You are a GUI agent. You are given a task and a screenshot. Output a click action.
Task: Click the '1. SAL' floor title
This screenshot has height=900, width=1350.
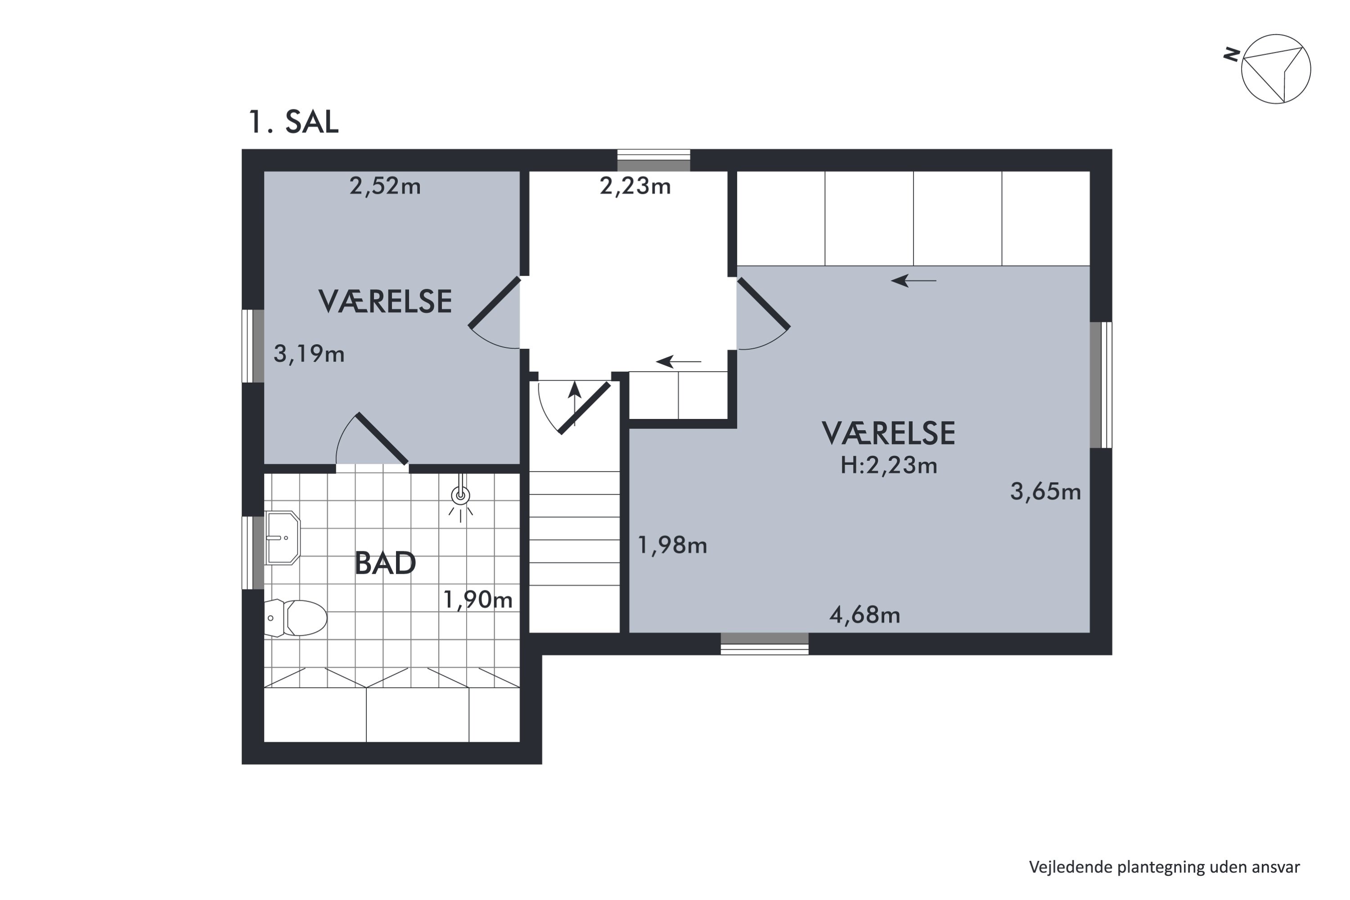pyautogui.click(x=293, y=122)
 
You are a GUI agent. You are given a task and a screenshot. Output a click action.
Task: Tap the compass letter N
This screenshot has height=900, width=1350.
pyautogui.click(x=1231, y=54)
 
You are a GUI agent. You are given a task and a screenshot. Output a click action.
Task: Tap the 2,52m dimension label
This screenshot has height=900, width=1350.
pyautogui.click(x=385, y=186)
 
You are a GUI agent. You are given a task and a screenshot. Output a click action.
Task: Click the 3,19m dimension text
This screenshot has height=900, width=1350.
pyautogui.click(x=309, y=354)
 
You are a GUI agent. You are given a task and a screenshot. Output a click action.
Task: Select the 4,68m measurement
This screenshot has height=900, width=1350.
pyautogui.click(x=864, y=615)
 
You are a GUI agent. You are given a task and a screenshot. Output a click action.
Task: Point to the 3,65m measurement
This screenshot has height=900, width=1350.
pyautogui.click(x=1045, y=492)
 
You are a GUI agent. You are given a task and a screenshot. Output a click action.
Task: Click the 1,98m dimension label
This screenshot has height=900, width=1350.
pyautogui.click(x=672, y=544)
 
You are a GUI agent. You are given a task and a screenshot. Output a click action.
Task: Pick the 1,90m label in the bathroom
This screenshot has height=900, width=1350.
pyautogui.click(x=477, y=600)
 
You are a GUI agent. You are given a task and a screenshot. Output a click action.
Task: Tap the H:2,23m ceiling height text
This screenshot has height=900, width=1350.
pyautogui.click(x=888, y=465)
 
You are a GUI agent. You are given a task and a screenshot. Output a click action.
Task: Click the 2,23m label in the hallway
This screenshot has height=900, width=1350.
pyautogui.click(x=635, y=186)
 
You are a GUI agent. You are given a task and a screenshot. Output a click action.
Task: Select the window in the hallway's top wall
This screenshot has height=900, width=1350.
pyautogui.click(x=653, y=160)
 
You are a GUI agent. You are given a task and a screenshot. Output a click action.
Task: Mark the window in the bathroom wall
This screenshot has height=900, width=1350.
pyautogui.click(x=252, y=553)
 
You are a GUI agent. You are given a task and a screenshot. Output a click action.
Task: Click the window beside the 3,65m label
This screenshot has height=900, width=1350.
pyautogui.click(x=1101, y=385)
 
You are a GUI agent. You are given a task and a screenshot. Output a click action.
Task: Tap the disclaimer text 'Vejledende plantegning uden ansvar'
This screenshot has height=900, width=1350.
pyautogui.click(x=1164, y=867)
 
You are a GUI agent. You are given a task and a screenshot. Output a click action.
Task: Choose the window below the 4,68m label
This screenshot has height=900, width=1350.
pyautogui.click(x=765, y=643)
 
